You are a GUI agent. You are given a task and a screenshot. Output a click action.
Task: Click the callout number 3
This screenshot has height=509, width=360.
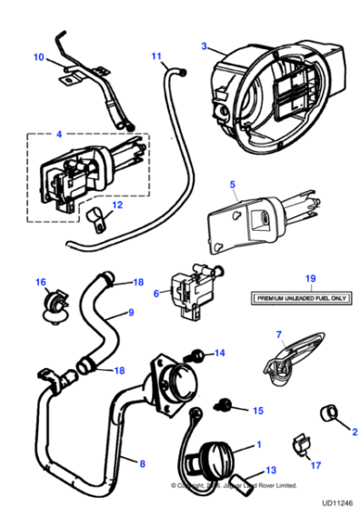point(205,45)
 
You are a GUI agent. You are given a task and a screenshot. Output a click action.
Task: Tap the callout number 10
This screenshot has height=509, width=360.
point(38,57)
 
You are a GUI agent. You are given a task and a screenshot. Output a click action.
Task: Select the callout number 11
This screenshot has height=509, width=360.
point(155,56)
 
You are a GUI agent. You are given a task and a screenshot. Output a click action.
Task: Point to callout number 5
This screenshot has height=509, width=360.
point(233,185)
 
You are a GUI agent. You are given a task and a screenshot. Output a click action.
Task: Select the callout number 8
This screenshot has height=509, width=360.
point(140,463)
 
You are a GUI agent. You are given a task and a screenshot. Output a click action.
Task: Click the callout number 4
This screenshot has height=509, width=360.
point(59,135)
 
